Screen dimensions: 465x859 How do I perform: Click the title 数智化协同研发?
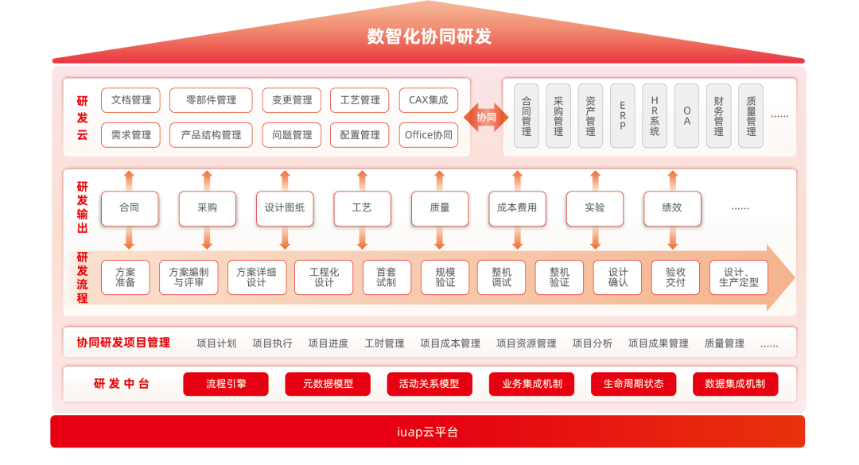(x=429, y=37)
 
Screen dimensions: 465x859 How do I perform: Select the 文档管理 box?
(x=131, y=100)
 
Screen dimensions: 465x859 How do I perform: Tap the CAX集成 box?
(x=428, y=100)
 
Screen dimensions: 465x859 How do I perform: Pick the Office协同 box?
(x=428, y=135)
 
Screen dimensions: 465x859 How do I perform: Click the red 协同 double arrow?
(x=486, y=117)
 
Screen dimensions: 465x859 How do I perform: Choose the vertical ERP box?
(x=622, y=116)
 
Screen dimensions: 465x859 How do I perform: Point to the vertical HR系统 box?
(x=655, y=116)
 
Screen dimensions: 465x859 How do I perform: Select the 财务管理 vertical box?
(x=718, y=116)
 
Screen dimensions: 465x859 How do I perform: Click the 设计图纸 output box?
(x=285, y=208)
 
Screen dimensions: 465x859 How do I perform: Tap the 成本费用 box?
(x=517, y=208)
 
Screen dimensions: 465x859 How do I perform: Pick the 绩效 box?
(x=672, y=208)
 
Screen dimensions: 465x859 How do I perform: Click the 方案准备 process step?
(x=125, y=277)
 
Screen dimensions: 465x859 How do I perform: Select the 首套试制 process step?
(x=387, y=277)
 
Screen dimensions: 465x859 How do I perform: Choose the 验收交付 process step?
(x=675, y=277)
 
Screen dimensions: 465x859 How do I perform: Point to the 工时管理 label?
(x=384, y=343)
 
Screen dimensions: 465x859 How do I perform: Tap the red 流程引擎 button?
(x=226, y=384)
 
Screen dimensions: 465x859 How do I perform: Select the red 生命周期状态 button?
(x=633, y=384)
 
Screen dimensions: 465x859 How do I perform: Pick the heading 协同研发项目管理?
(x=123, y=343)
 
